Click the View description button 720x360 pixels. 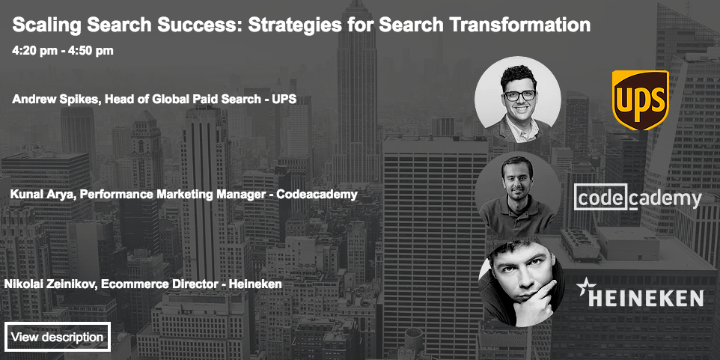tap(58, 337)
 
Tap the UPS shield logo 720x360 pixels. tap(640, 100)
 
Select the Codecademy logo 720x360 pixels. tap(638, 198)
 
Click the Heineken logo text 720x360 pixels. tap(646, 298)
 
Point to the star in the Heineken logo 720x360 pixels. tap(583, 286)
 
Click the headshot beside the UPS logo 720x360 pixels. tap(517, 100)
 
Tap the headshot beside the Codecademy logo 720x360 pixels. tap(517, 195)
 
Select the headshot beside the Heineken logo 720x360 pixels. tap(521, 284)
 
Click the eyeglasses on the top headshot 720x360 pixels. tap(519, 95)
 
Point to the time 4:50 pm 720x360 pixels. tap(91, 50)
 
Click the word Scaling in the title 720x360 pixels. tap(46, 25)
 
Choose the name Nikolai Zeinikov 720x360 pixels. tap(48, 284)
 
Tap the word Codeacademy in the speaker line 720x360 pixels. tap(317, 195)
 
